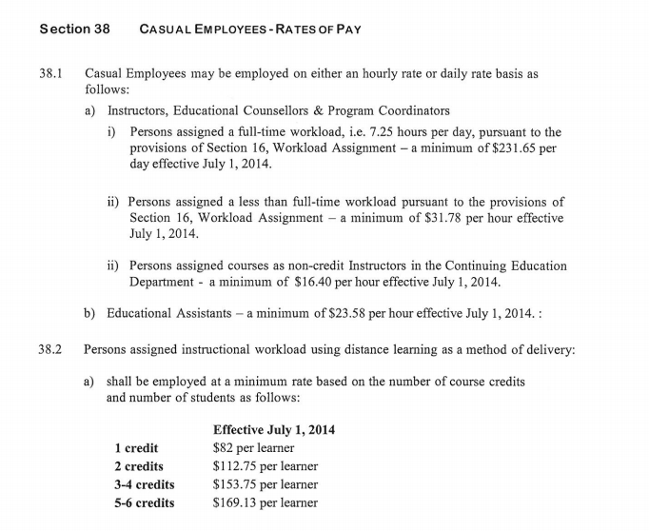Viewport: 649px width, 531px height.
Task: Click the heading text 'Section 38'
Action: [x=75, y=29]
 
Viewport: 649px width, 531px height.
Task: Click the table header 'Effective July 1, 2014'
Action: [x=274, y=430]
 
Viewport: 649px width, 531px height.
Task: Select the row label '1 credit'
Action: [x=136, y=448]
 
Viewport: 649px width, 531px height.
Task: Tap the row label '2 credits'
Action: [x=139, y=466]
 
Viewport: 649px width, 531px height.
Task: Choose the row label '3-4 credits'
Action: [x=144, y=484]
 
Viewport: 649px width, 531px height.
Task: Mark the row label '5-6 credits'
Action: [x=144, y=502]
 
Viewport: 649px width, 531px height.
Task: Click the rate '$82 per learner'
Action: [x=253, y=448]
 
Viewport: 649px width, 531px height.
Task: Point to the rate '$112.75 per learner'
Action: [x=265, y=466]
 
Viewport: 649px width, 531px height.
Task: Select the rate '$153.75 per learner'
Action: [x=265, y=484]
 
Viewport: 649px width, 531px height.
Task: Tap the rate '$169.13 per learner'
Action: [x=265, y=502]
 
